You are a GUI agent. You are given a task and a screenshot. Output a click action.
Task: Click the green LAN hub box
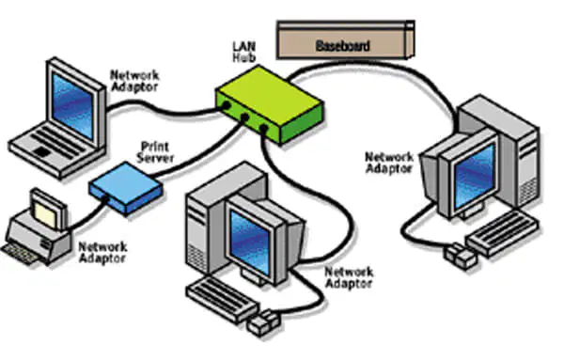pyautogui.click(x=269, y=104)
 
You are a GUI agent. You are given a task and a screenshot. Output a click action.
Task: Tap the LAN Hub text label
pyautogui.click(x=244, y=52)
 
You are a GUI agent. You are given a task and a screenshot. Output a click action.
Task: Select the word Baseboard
pyautogui.click(x=342, y=46)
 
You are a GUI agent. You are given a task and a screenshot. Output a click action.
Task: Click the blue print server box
pyautogui.click(x=126, y=188)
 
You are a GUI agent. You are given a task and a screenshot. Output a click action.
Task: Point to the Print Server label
pyautogui.click(x=155, y=152)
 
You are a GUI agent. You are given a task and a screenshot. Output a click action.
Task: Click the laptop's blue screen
pyautogui.click(x=72, y=105)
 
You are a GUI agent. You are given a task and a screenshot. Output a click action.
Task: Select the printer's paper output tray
pyautogui.click(x=19, y=253)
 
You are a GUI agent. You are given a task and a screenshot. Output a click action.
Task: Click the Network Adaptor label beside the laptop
pyautogui.click(x=134, y=81)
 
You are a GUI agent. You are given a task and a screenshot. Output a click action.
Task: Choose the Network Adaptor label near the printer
pyautogui.click(x=102, y=253)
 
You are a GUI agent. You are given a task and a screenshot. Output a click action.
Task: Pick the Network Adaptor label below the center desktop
pyautogui.click(x=349, y=277)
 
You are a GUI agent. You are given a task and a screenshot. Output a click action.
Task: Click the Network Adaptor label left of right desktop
pyautogui.click(x=389, y=163)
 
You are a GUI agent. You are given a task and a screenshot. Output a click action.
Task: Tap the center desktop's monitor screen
pyautogui.click(x=249, y=241)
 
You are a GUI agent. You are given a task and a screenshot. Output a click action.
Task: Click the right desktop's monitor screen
pyautogui.click(x=475, y=177)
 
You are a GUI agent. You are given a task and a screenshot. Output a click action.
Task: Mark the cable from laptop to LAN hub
pyautogui.click(x=164, y=109)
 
